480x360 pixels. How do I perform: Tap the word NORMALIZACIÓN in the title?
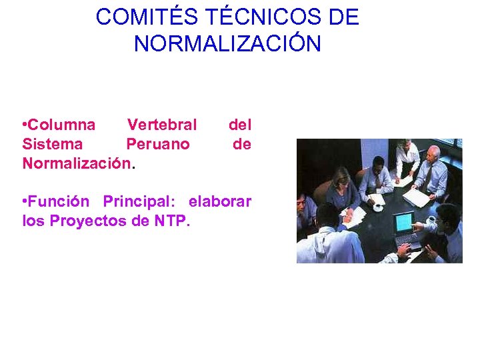tap(227, 43)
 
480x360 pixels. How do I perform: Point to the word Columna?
tap(62, 125)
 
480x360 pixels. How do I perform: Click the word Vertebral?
tap(162, 125)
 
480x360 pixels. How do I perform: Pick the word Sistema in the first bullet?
tap(53, 144)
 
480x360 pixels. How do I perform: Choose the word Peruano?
tap(158, 144)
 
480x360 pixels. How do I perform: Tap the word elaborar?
tap(220, 201)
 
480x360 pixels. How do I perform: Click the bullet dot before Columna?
tap(25, 125)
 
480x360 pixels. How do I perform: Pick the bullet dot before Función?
tap(25, 202)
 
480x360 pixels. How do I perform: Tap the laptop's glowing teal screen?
tap(403, 221)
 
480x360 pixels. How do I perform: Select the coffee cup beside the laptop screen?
tap(430, 219)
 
